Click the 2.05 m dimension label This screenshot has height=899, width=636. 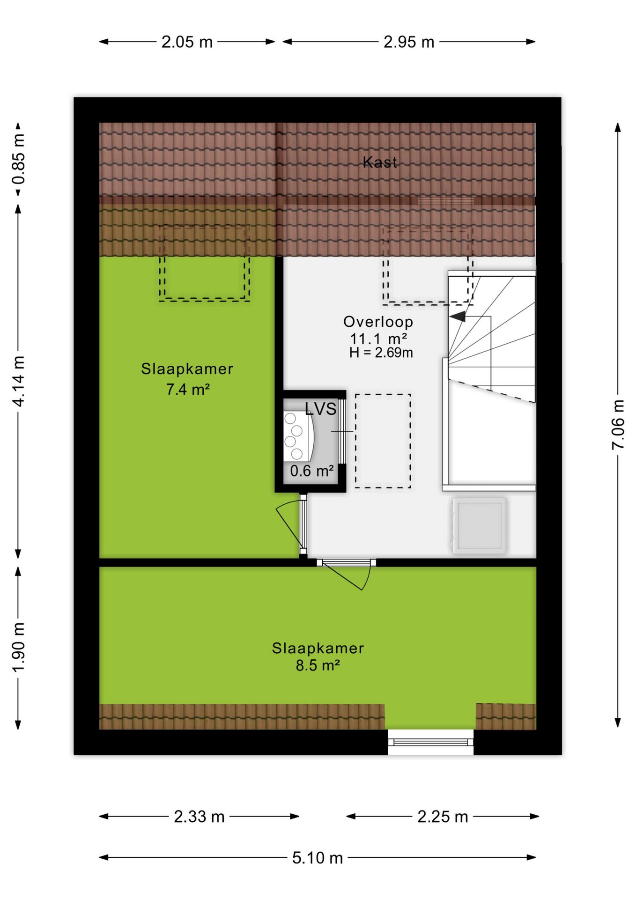pos(187,42)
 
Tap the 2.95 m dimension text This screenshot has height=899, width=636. pos(409,42)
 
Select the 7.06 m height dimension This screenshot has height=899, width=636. pos(618,425)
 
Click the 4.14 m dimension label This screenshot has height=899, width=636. pos(19,381)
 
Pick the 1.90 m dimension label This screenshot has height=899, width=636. pos(19,648)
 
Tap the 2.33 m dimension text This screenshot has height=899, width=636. pos(199,817)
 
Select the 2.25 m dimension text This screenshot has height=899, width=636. pos(443,817)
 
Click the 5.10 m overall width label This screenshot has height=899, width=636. pos(318,858)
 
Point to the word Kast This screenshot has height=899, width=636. pos(380,162)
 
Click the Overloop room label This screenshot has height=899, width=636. pos(378,322)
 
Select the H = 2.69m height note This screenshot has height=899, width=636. pos(381,353)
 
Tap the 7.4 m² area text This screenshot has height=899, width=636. pos(187,389)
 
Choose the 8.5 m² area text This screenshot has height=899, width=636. pos(318,665)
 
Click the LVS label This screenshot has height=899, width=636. pos(321,409)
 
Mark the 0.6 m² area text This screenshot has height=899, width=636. pos(311,471)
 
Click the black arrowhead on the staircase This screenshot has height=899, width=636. pos(458,317)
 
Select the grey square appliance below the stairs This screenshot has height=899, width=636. pos(479,526)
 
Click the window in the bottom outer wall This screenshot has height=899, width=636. pos(430,742)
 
